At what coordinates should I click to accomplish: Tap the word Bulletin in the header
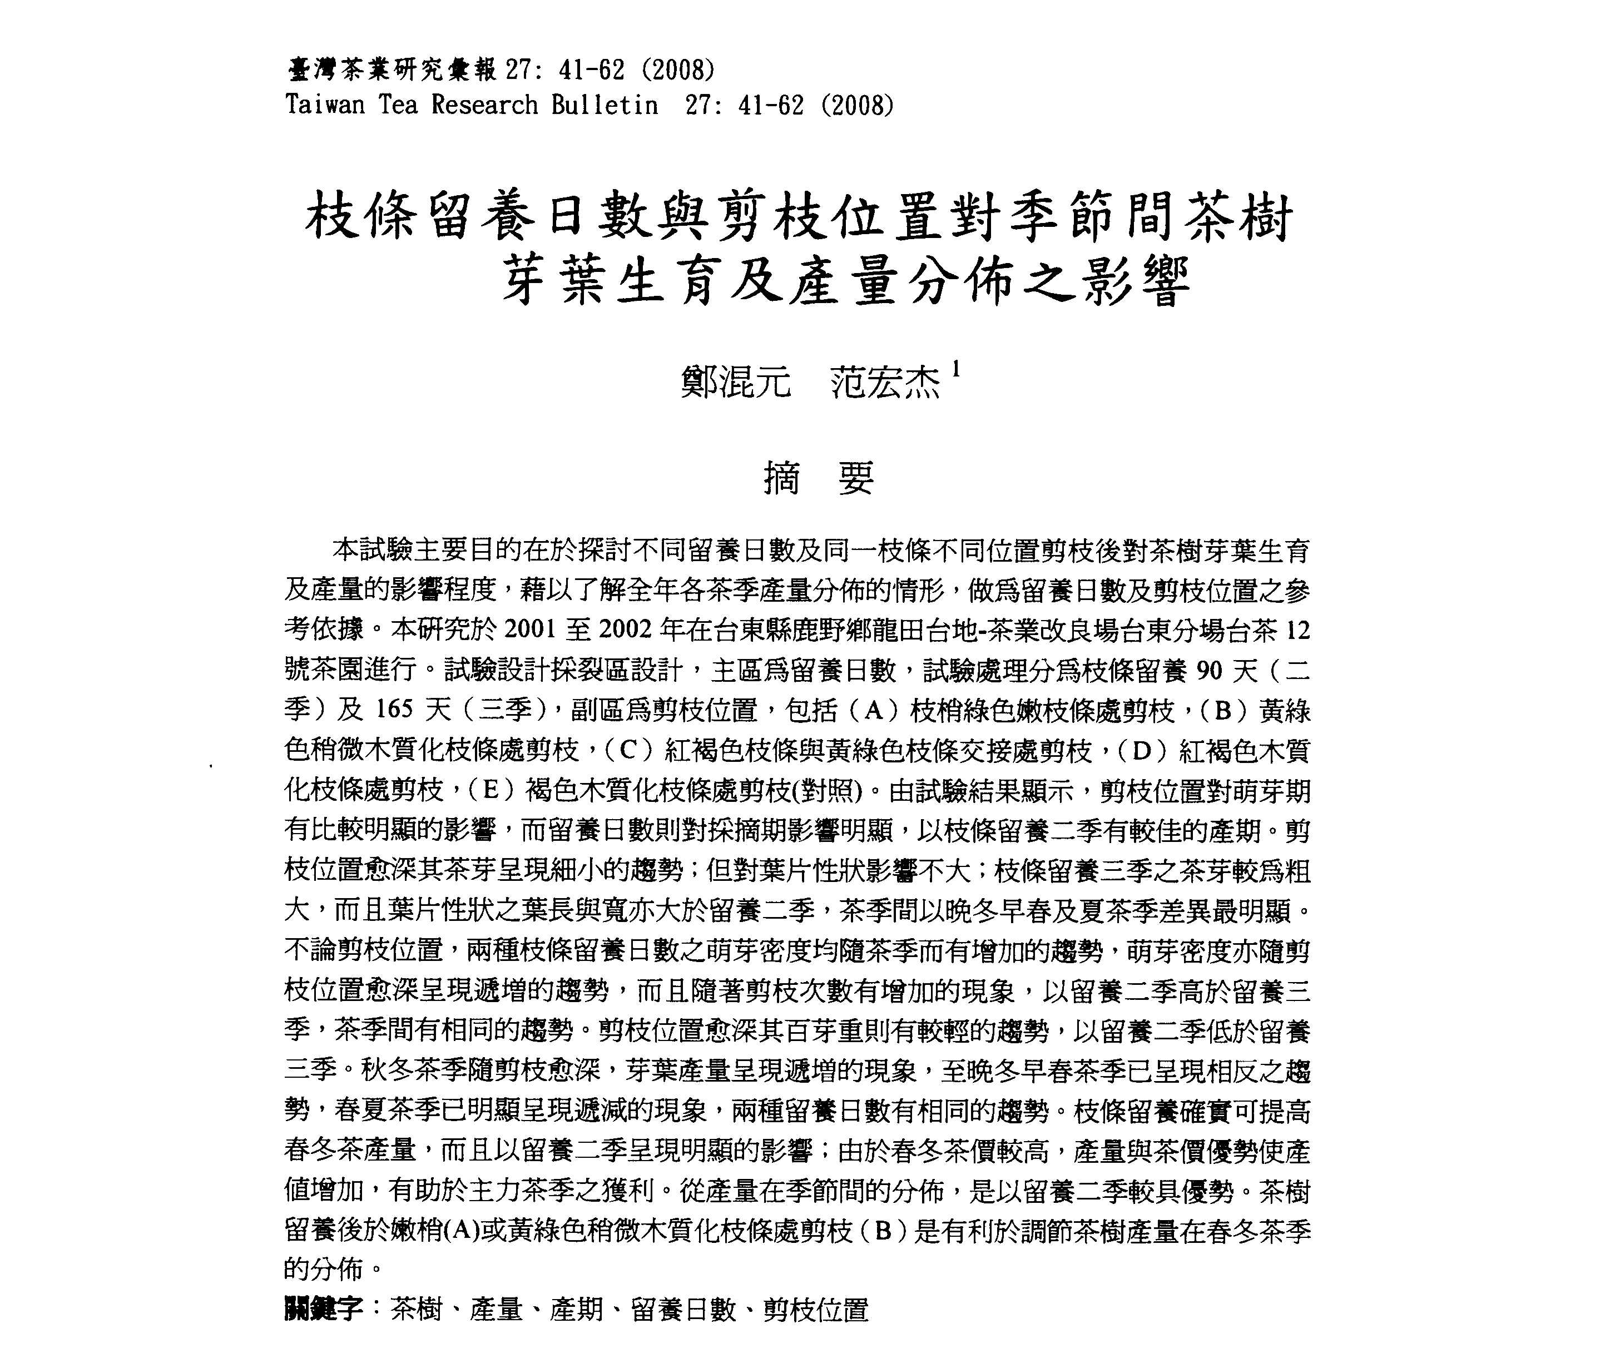pos(605,105)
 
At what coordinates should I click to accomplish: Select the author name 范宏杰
pos(886,382)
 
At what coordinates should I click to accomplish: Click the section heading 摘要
pos(819,479)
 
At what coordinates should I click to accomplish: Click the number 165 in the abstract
pos(394,710)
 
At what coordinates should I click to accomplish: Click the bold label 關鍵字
pos(322,1309)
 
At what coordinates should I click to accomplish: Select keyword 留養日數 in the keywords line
pos(683,1309)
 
